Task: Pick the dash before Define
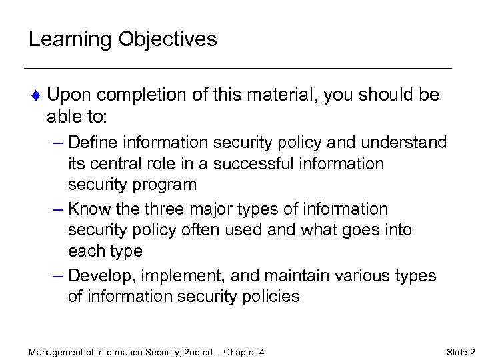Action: click(57, 142)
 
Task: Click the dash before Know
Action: click(57, 209)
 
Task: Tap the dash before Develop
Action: click(57, 275)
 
